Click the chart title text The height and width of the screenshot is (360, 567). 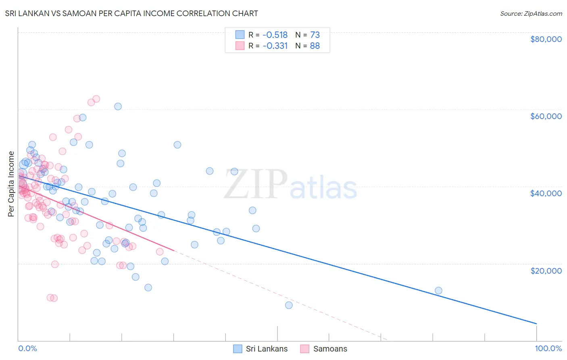[131, 13]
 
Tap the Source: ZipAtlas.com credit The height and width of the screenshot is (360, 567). [531, 14]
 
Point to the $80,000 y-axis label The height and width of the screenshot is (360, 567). [546, 39]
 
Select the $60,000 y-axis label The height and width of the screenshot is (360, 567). [546, 116]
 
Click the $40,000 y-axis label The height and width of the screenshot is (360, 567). [546, 193]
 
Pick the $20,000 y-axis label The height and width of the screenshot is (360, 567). [546, 270]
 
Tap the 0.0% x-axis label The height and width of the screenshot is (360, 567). [27, 348]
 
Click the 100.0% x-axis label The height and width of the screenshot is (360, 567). [548, 348]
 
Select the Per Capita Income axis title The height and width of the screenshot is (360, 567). [11, 184]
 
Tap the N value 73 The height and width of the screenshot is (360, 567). [315, 35]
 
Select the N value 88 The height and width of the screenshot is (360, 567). [315, 46]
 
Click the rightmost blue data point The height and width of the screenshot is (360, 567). [438, 291]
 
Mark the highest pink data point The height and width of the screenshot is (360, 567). [96, 99]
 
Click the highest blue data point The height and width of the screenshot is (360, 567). [118, 107]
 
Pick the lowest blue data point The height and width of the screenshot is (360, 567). [289, 305]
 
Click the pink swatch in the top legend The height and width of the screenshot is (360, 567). [240, 46]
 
